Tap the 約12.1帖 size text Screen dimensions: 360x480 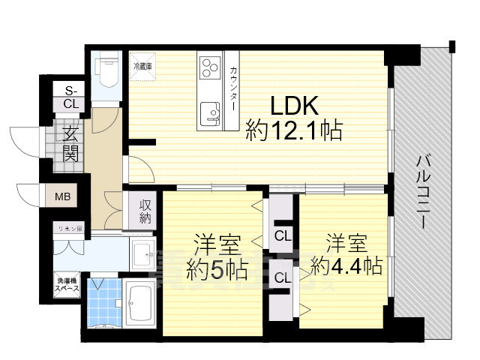click(294, 132)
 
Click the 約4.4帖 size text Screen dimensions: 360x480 click(346, 265)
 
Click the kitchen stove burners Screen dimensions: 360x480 click(208, 68)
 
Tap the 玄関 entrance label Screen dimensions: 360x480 click(70, 143)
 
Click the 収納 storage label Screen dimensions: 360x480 click(145, 210)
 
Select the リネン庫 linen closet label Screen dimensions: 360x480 click(70, 228)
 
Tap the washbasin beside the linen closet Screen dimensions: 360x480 click(141, 255)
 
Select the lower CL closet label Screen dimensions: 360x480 click(283, 277)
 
